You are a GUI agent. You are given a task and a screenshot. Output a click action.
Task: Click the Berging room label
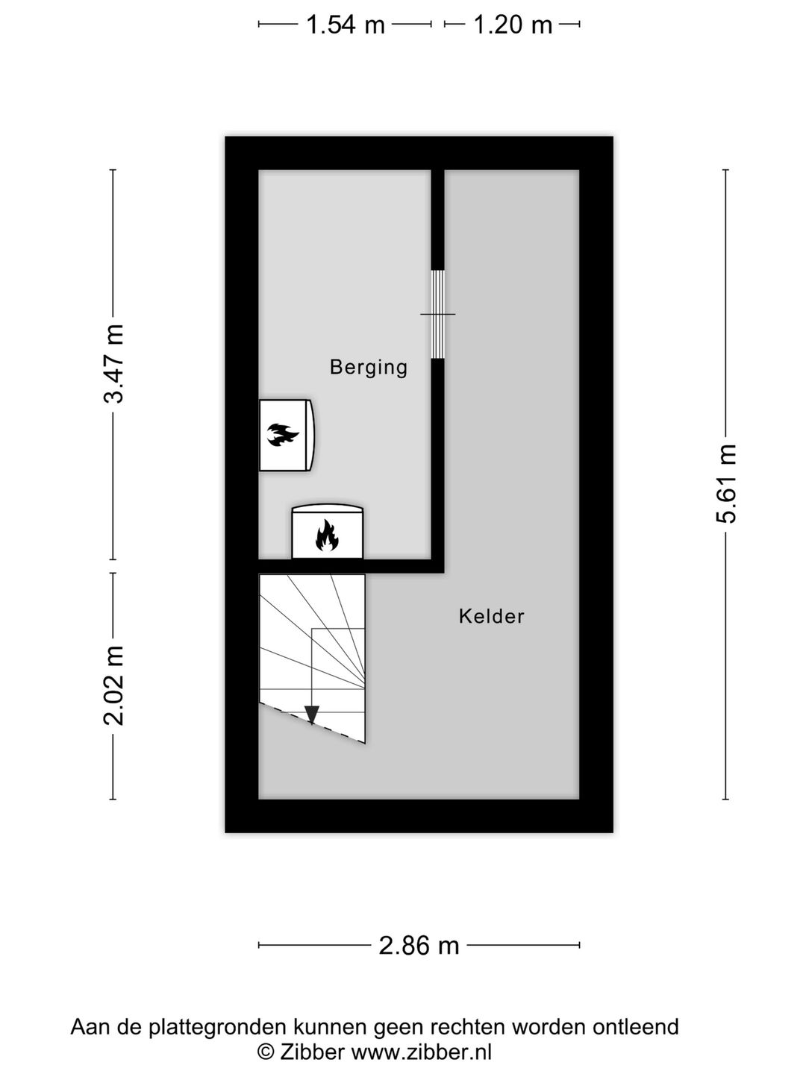(x=369, y=367)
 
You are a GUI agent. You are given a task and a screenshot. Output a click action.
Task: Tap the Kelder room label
(x=491, y=616)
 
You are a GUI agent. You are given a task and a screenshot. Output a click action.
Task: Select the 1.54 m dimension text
(x=346, y=25)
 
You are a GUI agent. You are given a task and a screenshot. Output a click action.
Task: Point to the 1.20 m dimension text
(x=513, y=25)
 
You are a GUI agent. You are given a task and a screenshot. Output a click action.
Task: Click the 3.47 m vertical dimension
(x=114, y=363)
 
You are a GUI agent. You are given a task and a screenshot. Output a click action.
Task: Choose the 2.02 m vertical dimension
(x=114, y=685)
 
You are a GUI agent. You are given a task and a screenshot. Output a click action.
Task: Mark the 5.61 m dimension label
(x=726, y=483)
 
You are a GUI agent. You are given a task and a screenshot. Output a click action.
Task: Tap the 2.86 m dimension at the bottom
(x=419, y=946)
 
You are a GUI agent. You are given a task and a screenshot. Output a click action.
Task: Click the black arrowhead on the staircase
(x=312, y=715)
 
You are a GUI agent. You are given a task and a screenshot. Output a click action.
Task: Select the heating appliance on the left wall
(x=286, y=435)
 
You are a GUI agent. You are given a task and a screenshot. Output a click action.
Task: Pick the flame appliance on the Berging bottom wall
(x=327, y=533)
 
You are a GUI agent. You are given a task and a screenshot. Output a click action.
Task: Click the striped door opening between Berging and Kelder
(x=438, y=314)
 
